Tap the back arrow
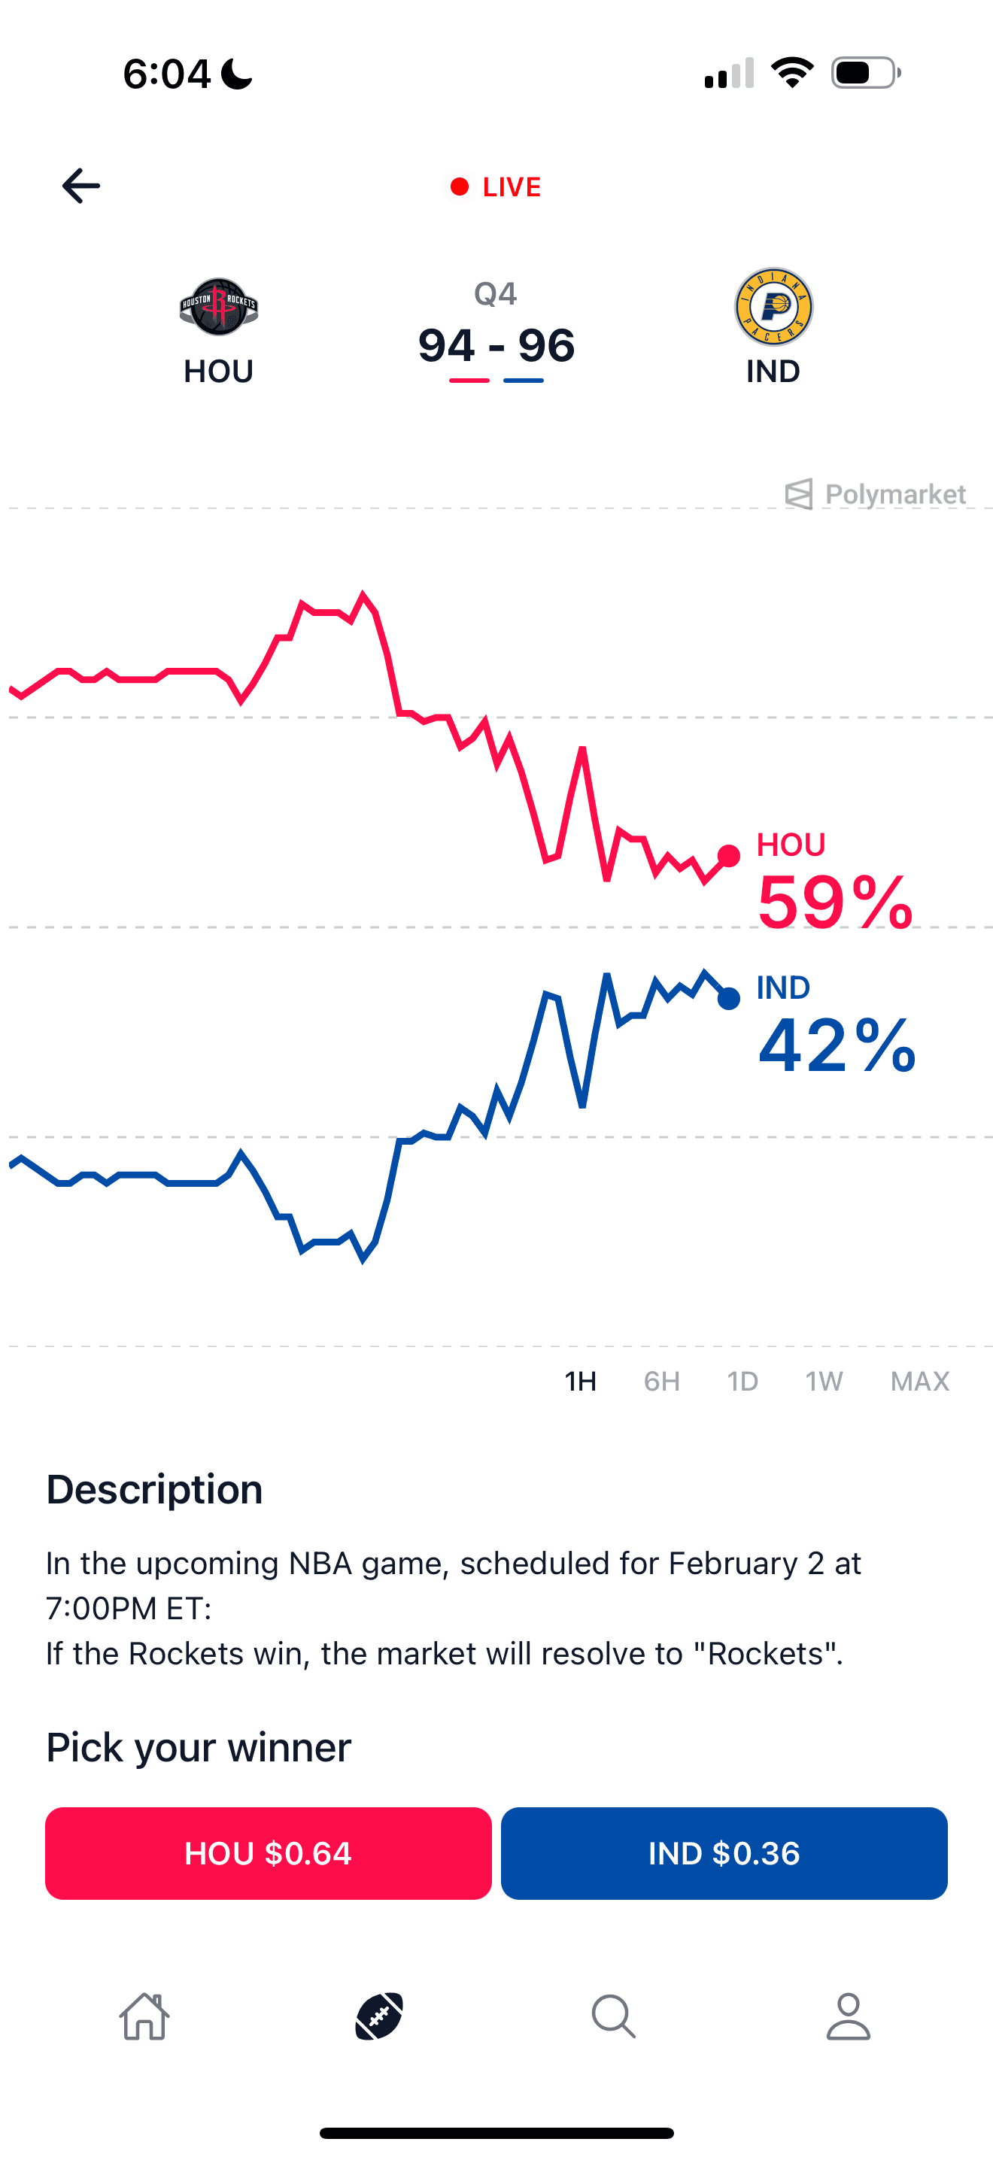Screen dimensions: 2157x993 (x=80, y=186)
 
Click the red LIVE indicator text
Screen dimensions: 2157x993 (x=511, y=187)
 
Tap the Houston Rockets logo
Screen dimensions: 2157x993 (x=218, y=306)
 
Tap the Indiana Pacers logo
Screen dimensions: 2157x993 (x=773, y=306)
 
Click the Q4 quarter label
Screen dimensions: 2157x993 (x=496, y=294)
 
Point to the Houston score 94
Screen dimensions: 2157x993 (x=447, y=346)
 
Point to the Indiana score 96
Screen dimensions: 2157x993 (x=546, y=346)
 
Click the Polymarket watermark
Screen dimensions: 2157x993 (x=876, y=494)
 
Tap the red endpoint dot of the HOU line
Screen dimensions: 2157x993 (x=728, y=856)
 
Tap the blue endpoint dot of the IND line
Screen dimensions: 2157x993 (x=728, y=998)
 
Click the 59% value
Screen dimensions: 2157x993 (x=834, y=903)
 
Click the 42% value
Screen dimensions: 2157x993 (x=836, y=1045)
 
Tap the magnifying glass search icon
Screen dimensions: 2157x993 (x=614, y=2016)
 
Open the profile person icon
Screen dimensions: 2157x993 (x=848, y=2016)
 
